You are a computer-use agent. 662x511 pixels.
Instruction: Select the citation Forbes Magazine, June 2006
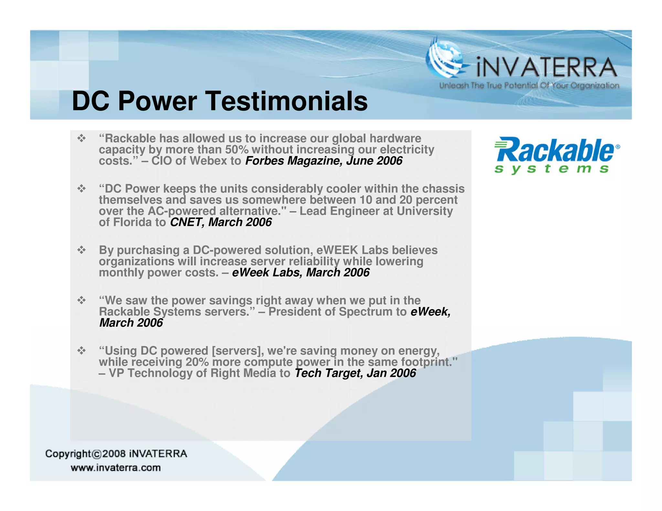tap(324, 161)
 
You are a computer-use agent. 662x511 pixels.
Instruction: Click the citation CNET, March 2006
tap(221, 222)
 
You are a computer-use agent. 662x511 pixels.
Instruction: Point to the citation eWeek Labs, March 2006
tap(301, 273)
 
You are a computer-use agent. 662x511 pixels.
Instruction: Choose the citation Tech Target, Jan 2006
tap(355, 373)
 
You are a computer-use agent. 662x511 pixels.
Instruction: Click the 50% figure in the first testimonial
tap(237, 150)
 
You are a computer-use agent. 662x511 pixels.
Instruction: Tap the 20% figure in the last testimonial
tap(197, 362)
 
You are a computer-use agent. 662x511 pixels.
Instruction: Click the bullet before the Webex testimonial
tap(81, 139)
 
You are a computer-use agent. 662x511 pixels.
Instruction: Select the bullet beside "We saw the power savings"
tap(81, 301)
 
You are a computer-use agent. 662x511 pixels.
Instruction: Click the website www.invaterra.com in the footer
tap(116, 468)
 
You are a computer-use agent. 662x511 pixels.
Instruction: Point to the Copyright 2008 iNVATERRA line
tap(116, 454)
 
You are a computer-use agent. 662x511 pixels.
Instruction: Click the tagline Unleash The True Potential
tap(529, 86)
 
